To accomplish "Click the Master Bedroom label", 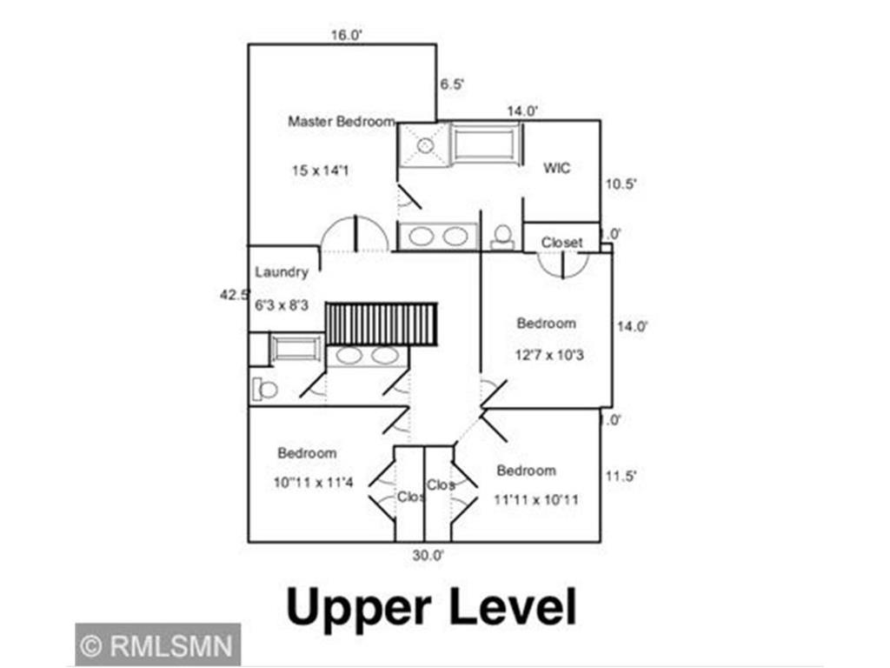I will point(342,122).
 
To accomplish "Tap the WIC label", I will point(557,168).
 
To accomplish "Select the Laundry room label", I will point(282,271).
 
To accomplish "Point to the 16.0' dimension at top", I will point(345,36).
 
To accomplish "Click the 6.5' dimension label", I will point(452,84).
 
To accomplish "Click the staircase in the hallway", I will point(381,324).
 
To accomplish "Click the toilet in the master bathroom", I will point(501,236).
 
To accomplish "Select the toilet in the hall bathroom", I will point(267,389).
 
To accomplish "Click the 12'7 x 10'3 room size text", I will point(548,354).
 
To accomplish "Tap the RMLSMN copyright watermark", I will point(157,645).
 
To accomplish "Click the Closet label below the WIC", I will point(561,242).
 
